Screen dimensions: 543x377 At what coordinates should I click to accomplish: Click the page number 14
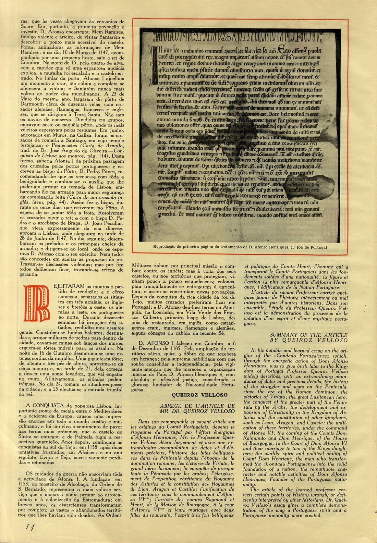pos(29,527)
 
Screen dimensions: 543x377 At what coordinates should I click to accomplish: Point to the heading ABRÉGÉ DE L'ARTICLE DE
pos(197,406)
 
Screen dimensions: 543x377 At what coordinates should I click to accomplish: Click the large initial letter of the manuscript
pos(153,63)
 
